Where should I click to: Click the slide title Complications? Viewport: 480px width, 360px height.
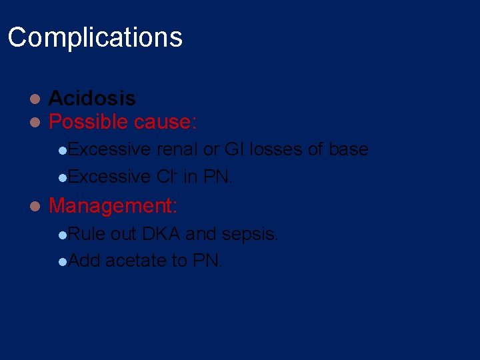[x=95, y=37]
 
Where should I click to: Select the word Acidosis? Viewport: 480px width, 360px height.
[x=92, y=99]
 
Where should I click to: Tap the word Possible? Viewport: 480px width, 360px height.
[x=89, y=121]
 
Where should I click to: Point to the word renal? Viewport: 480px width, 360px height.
[x=177, y=149]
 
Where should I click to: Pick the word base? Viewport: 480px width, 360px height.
[x=347, y=149]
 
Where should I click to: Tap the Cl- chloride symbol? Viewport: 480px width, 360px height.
[x=165, y=177]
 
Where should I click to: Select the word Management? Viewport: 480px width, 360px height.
[x=113, y=205]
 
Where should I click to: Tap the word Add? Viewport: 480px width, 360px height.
[x=84, y=260]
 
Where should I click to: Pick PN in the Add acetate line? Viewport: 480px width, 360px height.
[x=207, y=260]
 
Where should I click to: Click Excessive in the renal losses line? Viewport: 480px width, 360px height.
[x=109, y=149]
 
